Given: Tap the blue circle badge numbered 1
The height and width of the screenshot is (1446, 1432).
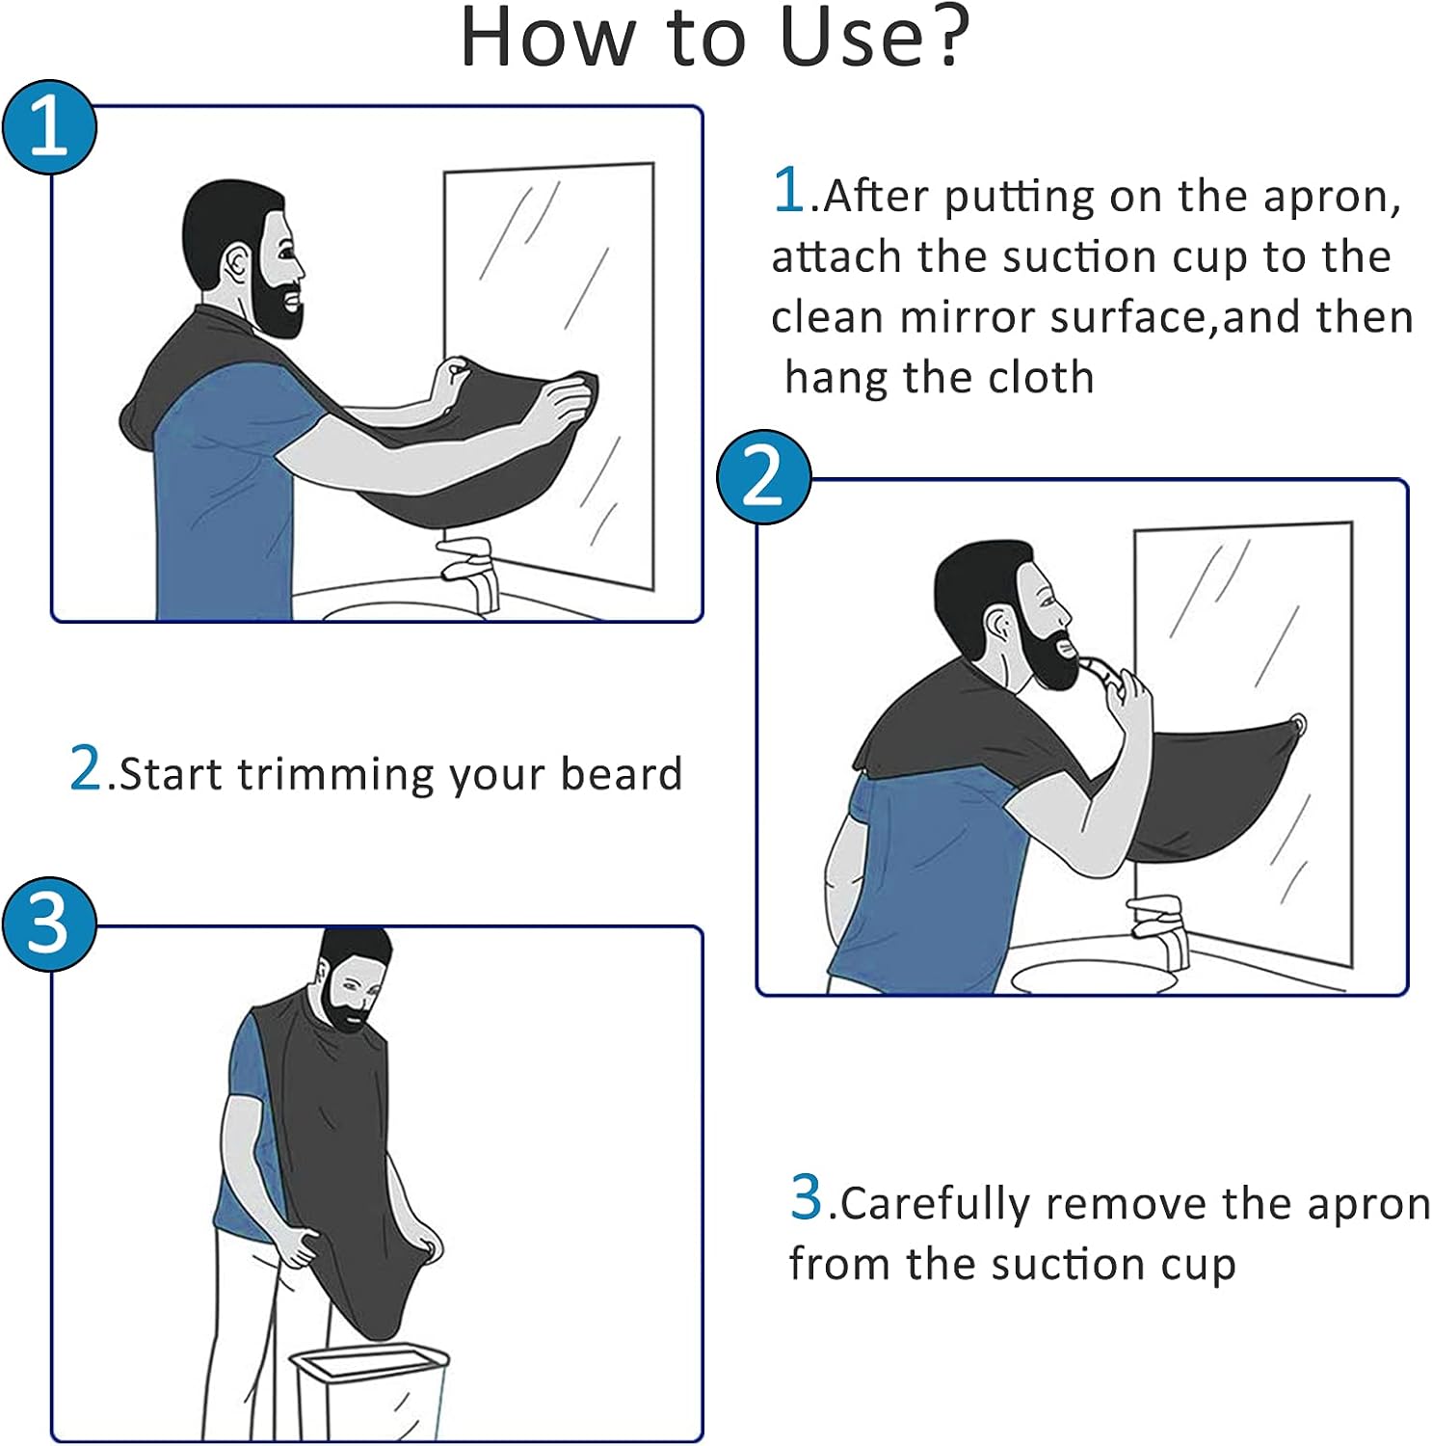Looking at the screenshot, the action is coord(49,127).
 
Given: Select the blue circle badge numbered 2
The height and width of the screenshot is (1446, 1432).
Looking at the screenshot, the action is coord(763,477).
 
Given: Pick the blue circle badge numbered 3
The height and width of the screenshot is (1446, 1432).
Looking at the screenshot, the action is coord(49,924).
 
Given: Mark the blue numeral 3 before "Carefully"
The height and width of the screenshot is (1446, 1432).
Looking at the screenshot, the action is coord(807,1197).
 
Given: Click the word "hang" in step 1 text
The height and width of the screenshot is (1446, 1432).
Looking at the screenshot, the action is coord(836,377).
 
